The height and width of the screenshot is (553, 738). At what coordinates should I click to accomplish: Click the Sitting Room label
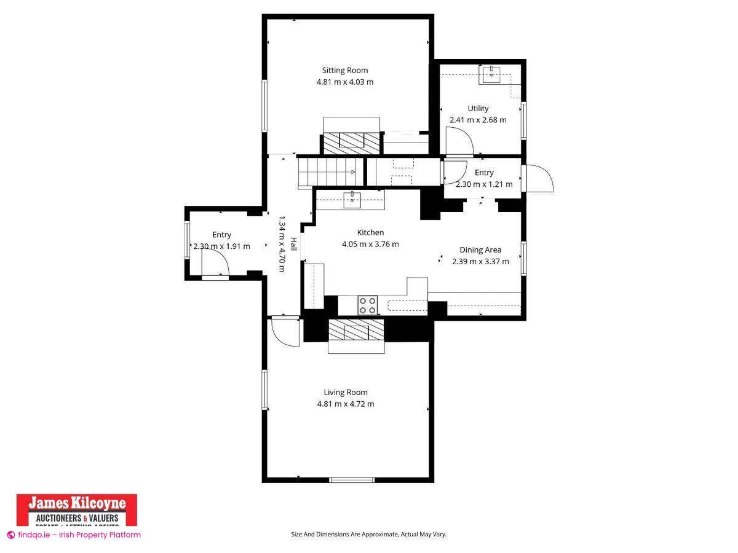point(345,70)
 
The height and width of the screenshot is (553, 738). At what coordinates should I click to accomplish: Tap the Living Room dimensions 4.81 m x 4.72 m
point(345,404)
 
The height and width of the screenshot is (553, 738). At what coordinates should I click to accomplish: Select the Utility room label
point(478,108)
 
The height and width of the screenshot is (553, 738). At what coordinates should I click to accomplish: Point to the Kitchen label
point(370,232)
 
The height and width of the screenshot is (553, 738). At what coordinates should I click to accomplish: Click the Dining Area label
point(480,249)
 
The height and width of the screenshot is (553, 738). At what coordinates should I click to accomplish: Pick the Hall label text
point(293,244)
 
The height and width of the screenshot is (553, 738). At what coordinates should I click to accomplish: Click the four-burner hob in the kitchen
point(368,305)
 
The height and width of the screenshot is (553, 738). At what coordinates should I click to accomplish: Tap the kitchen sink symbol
point(351,198)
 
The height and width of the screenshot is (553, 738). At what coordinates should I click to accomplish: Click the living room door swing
point(284,332)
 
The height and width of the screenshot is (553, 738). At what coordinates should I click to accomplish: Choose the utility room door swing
point(459,144)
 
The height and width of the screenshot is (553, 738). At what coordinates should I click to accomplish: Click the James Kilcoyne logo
point(76,509)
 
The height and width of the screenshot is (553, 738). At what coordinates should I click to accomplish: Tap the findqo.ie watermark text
point(74,535)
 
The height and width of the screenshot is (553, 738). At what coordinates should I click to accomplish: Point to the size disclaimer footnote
point(368,534)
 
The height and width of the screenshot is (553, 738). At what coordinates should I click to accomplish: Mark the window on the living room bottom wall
point(351,480)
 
